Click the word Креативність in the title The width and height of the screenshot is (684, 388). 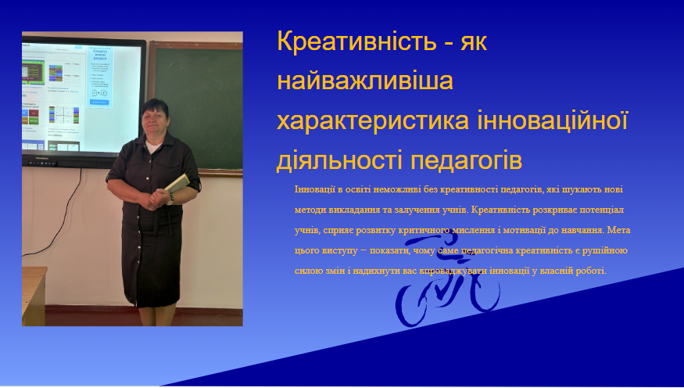coord(356,41)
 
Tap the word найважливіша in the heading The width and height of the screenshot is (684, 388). coord(365,81)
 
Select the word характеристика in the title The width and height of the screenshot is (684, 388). coord(373,121)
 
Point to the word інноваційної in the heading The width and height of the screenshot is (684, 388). coord(553,120)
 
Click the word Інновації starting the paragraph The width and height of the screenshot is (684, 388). coord(314,189)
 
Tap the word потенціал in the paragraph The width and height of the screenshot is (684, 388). coord(603,210)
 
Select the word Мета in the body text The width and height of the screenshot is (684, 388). coord(618,230)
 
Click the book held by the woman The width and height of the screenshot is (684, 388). coord(177,183)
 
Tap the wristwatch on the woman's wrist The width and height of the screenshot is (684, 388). coord(170,199)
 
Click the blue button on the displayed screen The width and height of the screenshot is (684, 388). coord(99,102)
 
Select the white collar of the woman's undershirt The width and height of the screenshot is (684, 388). coord(152,146)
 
